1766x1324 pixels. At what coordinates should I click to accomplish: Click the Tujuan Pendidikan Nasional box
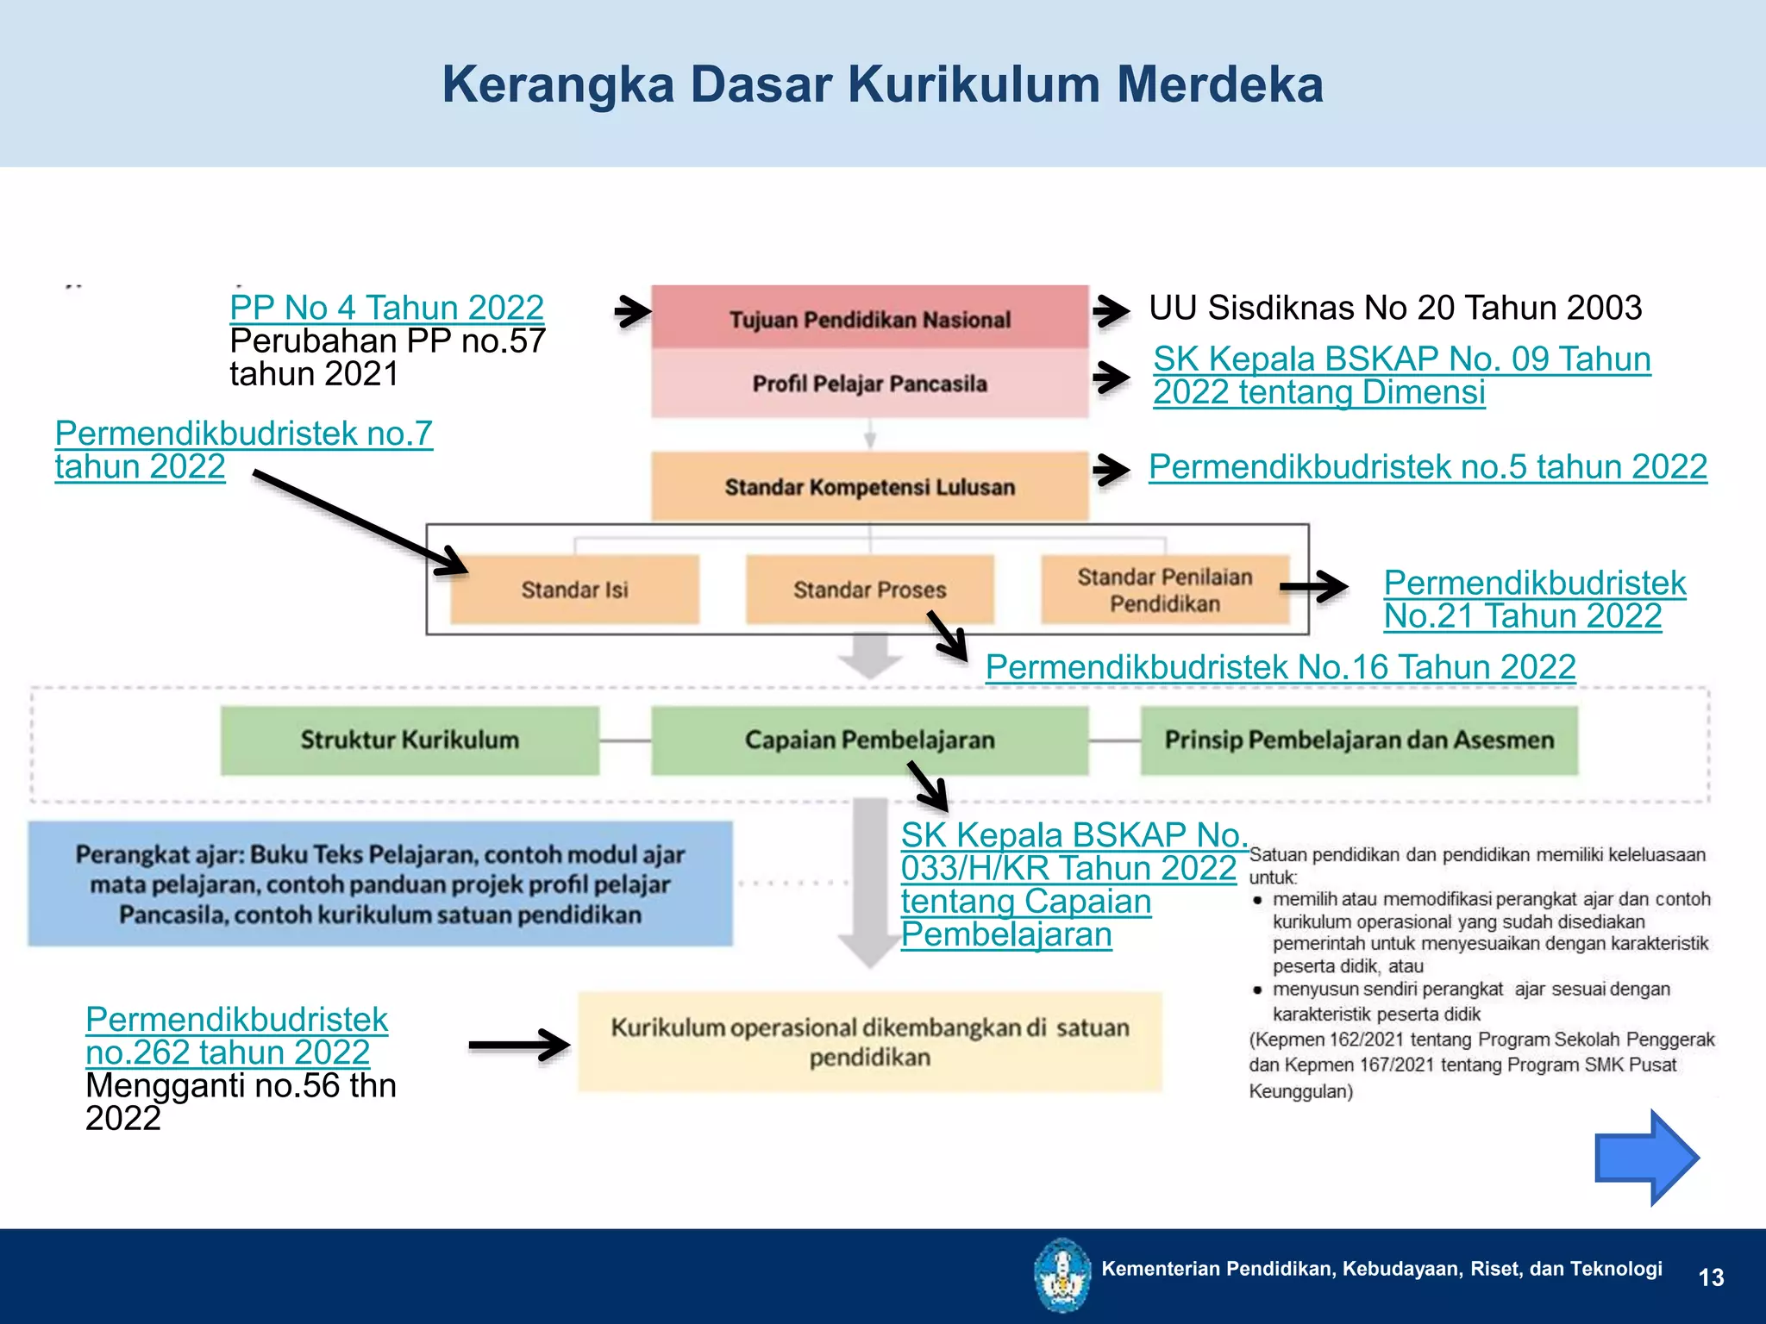point(869,318)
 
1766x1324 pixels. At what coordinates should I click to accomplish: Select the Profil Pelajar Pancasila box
point(869,384)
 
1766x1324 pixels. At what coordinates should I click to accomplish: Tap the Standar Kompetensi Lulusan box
point(869,487)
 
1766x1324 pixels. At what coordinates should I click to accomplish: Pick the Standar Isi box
point(574,590)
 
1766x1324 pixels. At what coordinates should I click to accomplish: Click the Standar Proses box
point(869,590)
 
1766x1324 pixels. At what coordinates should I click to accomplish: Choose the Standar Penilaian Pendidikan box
point(1164,590)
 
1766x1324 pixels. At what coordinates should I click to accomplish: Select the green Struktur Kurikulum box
point(410,740)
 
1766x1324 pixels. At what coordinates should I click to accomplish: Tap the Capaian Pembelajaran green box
point(869,740)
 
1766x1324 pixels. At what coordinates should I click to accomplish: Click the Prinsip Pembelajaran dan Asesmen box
point(1359,740)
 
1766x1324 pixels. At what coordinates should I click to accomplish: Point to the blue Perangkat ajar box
point(380,884)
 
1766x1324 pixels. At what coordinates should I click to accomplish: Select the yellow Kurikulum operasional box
point(869,1042)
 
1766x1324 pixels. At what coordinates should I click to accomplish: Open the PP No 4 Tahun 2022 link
point(386,308)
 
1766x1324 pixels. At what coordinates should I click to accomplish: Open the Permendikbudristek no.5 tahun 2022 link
point(1427,467)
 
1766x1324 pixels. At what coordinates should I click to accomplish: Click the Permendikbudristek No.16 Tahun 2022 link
point(1281,667)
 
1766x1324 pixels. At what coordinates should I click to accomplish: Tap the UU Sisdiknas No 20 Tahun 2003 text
point(1395,308)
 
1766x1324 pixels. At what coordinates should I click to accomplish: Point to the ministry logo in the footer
point(1062,1274)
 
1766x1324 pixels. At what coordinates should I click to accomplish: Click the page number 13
point(1711,1277)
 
